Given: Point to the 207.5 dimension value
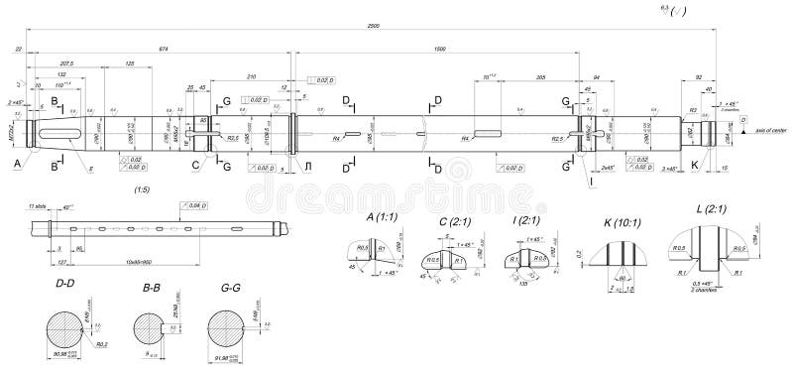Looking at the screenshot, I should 68,63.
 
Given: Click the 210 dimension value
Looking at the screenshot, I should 251,75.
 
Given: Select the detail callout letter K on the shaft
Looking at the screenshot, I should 694,164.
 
